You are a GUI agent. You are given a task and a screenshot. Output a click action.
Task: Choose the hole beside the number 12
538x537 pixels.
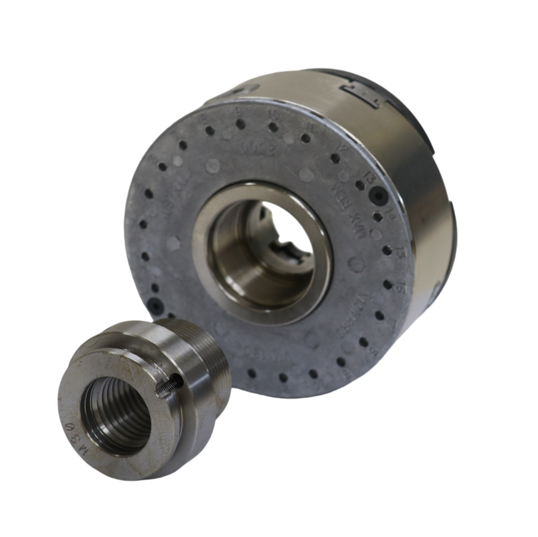(x=333, y=159)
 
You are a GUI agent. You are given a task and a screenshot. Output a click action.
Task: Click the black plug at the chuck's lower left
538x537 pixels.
(x=155, y=306)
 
